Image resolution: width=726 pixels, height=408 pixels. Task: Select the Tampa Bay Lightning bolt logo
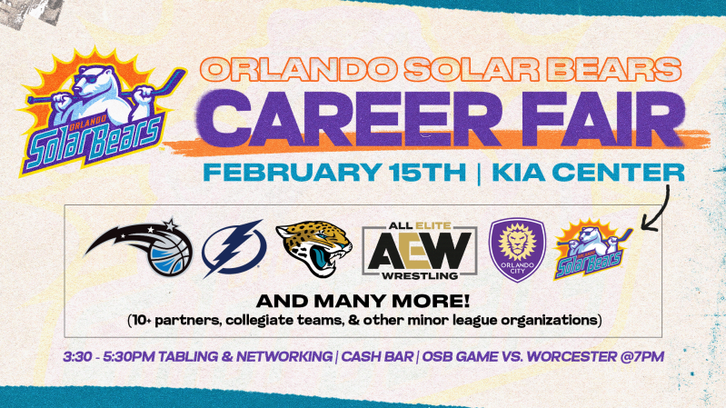pos(234,247)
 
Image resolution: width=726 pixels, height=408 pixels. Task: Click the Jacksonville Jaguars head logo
pos(312,249)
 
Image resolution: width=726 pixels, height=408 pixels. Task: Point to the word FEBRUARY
pos(278,173)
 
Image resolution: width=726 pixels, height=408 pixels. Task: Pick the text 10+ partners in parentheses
pos(172,321)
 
